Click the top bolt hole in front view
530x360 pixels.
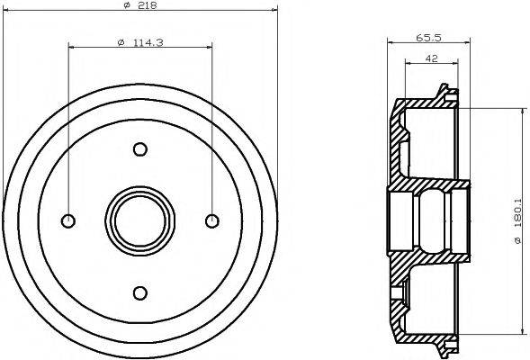click(x=140, y=149)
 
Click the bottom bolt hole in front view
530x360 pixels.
click(x=140, y=291)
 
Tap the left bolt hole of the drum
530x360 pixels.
click(x=69, y=220)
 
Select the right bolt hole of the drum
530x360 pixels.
click(x=211, y=220)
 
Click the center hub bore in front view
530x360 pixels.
click(x=140, y=220)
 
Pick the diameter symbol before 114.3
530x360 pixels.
click(x=121, y=40)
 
